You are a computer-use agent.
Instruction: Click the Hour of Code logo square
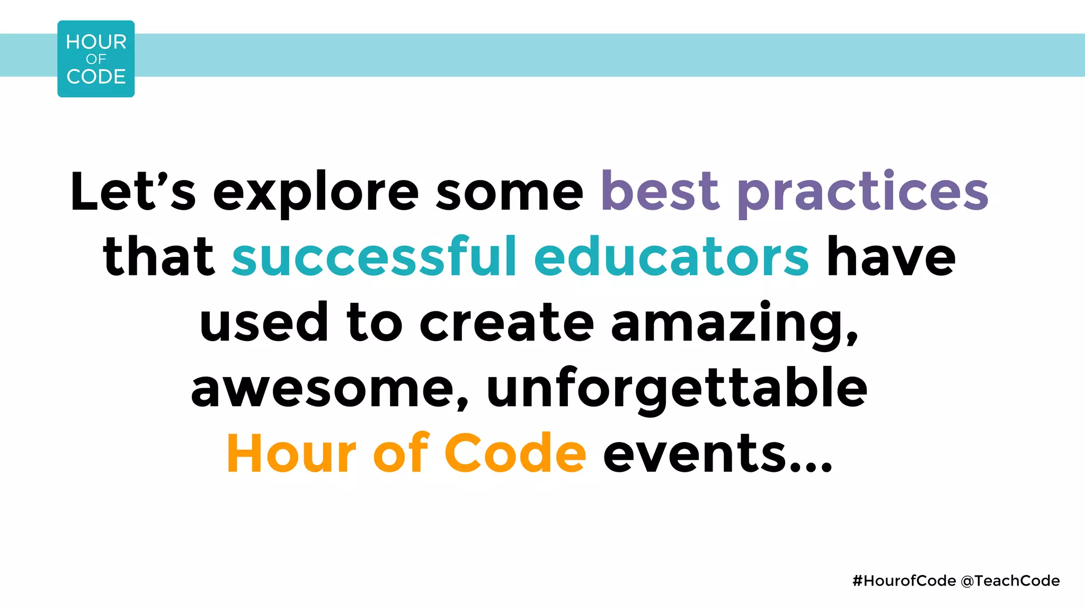(96, 59)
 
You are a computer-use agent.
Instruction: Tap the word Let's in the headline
(132, 191)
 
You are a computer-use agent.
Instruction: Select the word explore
(316, 193)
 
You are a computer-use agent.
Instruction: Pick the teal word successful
(374, 256)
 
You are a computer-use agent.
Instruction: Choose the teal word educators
(671, 256)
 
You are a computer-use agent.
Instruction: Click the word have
(891, 256)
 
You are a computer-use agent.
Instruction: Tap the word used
(264, 321)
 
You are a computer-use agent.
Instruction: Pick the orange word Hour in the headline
(291, 453)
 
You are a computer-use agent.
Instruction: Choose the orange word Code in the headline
(515, 453)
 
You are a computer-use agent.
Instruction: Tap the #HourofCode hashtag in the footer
(904, 581)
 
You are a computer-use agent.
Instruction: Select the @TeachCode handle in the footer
(1010, 581)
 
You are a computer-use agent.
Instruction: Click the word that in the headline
(158, 256)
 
